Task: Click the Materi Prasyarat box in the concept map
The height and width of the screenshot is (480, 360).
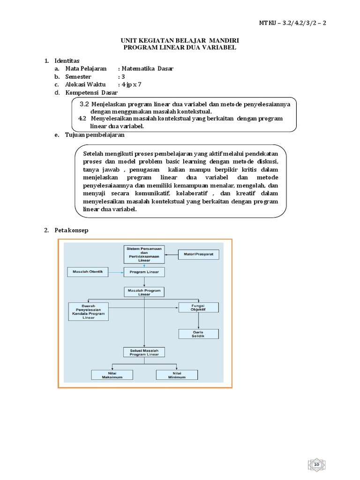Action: click(x=199, y=255)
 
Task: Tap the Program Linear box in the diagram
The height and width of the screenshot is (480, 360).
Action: click(x=144, y=272)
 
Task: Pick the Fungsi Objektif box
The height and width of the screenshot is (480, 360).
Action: click(x=198, y=307)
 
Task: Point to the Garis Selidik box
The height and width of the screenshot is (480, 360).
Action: click(x=198, y=334)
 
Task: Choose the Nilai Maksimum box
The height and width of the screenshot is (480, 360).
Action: click(x=112, y=375)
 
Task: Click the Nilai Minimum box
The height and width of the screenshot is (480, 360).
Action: click(x=177, y=375)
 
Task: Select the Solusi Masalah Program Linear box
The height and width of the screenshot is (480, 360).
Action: click(x=144, y=352)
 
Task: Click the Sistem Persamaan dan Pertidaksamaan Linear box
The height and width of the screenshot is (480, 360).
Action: click(x=144, y=254)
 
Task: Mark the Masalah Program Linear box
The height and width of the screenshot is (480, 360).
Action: click(x=144, y=292)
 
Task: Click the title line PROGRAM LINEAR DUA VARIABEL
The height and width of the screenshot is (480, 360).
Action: click(x=180, y=47)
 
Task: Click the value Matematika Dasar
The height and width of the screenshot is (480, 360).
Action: click(x=147, y=68)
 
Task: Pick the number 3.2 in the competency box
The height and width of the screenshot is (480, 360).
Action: click(x=84, y=104)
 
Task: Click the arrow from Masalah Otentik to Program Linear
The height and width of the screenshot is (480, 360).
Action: click(x=116, y=271)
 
